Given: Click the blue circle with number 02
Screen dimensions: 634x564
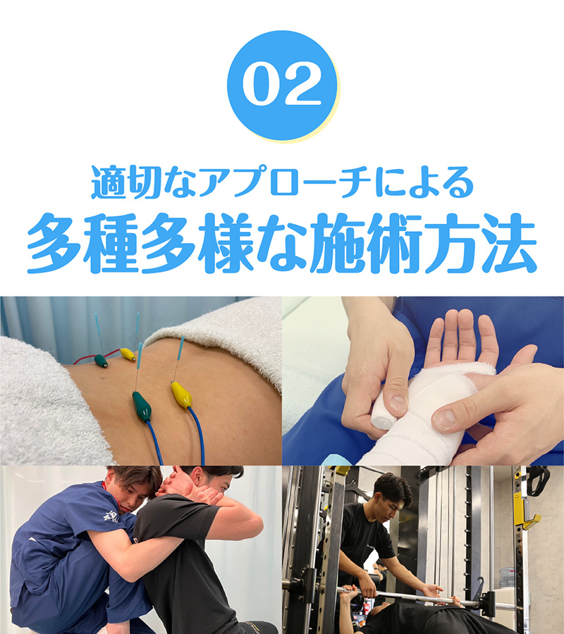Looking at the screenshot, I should pyautogui.click(x=282, y=85).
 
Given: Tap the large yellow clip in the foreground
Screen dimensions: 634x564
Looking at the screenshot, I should pyautogui.click(x=181, y=394).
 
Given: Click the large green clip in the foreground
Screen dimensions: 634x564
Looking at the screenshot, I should pyautogui.click(x=142, y=406).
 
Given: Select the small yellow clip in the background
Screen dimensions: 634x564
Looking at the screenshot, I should pyautogui.click(x=127, y=354).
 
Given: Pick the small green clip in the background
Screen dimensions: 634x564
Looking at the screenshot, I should pyautogui.click(x=102, y=361).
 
